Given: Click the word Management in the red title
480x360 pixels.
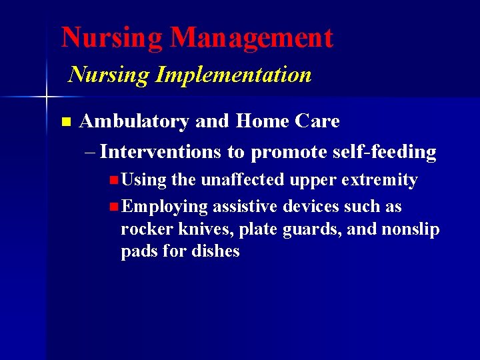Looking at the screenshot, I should click(251, 38).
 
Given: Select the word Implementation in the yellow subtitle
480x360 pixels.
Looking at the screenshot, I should click(233, 75).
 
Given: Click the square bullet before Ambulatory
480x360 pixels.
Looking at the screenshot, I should click(65, 122).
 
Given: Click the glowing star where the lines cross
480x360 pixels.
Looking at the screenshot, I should click(46, 98).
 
